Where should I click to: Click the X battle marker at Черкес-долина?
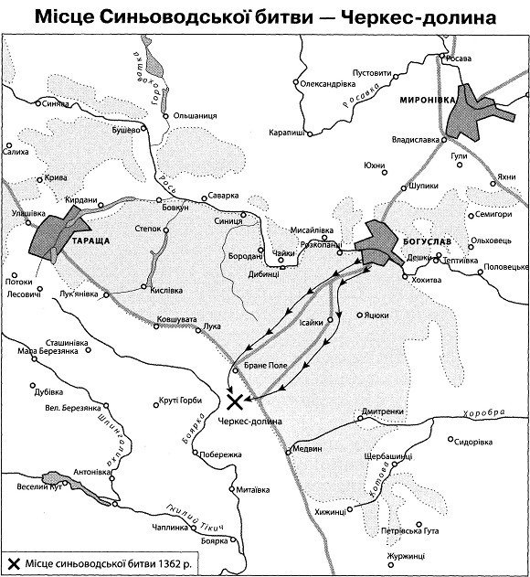[x=235, y=401]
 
